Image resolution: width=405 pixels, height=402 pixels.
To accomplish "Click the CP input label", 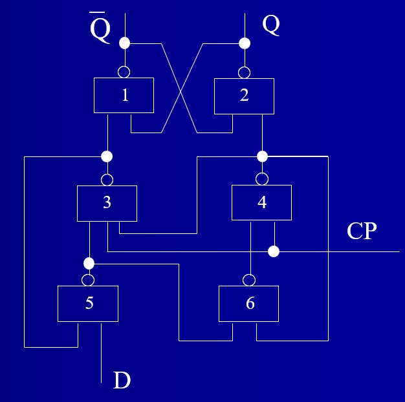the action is (362, 231).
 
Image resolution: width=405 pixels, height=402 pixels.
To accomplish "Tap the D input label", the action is (122, 380).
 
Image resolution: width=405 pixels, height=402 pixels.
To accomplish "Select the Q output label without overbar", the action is (271, 25).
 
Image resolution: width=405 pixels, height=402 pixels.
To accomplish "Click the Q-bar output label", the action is (100, 28).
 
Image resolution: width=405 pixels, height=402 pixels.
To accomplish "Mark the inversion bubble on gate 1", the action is (124, 72).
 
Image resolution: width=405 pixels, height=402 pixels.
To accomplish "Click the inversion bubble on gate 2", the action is (244, 72).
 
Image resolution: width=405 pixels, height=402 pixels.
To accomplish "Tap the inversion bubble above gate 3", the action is (107, 180).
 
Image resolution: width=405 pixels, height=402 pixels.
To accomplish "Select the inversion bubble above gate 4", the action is (262, 179).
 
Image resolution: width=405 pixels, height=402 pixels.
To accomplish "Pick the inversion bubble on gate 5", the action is (88, 280).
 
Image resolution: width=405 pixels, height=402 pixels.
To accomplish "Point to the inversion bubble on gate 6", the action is (249, 280).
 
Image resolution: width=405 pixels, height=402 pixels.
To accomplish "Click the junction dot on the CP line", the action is (274, 251).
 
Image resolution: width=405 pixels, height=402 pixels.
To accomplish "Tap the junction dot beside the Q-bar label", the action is (124, 43).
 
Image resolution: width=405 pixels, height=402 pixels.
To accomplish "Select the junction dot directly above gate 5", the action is (89, 264).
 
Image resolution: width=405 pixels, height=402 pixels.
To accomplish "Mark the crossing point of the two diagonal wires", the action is (180, 91).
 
